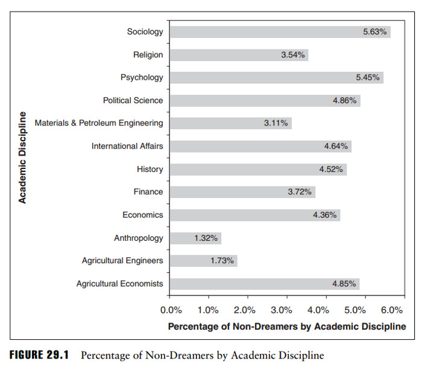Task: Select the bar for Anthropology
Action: tap(195, 238)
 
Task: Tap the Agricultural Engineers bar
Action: tap(203, 261)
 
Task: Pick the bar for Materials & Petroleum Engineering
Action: tap(230, 123)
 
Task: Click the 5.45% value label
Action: tap(368, 78)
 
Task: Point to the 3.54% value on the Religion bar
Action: tap(293, 55)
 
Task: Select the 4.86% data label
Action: tap(345, 100)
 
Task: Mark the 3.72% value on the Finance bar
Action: tap(300, 192)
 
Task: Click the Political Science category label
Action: tap(133, 100)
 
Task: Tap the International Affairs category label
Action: tap(127, 146)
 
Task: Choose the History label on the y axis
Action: tap(150, 169)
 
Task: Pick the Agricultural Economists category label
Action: tap(119, 284)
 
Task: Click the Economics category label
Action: tap(143, 215)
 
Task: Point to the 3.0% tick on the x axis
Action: tap(282, 310)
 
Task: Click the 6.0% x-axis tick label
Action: tap(392, 310)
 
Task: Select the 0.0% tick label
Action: tap(171, 310)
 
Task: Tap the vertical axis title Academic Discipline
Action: tap(22, 157)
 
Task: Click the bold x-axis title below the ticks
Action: tap(286, 327)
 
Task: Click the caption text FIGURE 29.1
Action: tap(38, 355)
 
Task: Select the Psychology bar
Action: tap(276, 78)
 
